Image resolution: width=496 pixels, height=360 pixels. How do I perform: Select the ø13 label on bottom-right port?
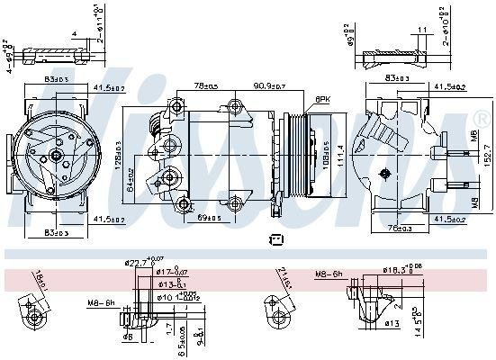(392, 323)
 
